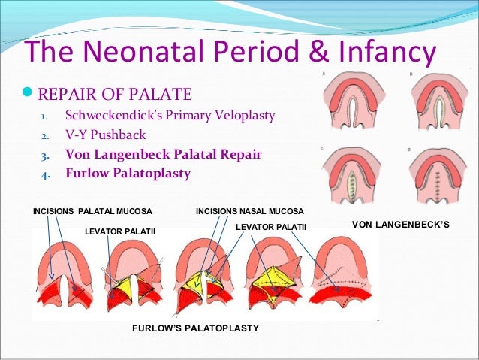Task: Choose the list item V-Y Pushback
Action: tap(105, 135)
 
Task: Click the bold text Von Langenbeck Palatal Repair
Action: tap(163, 154)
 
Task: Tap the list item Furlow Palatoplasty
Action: tap(128, 173)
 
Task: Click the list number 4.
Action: tap(44, 174)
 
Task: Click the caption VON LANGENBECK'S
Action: tap(401, 225)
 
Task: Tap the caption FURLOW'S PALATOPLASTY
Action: tap(195, 328)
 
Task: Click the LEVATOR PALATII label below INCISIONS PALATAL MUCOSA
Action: tap(120, 231)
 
